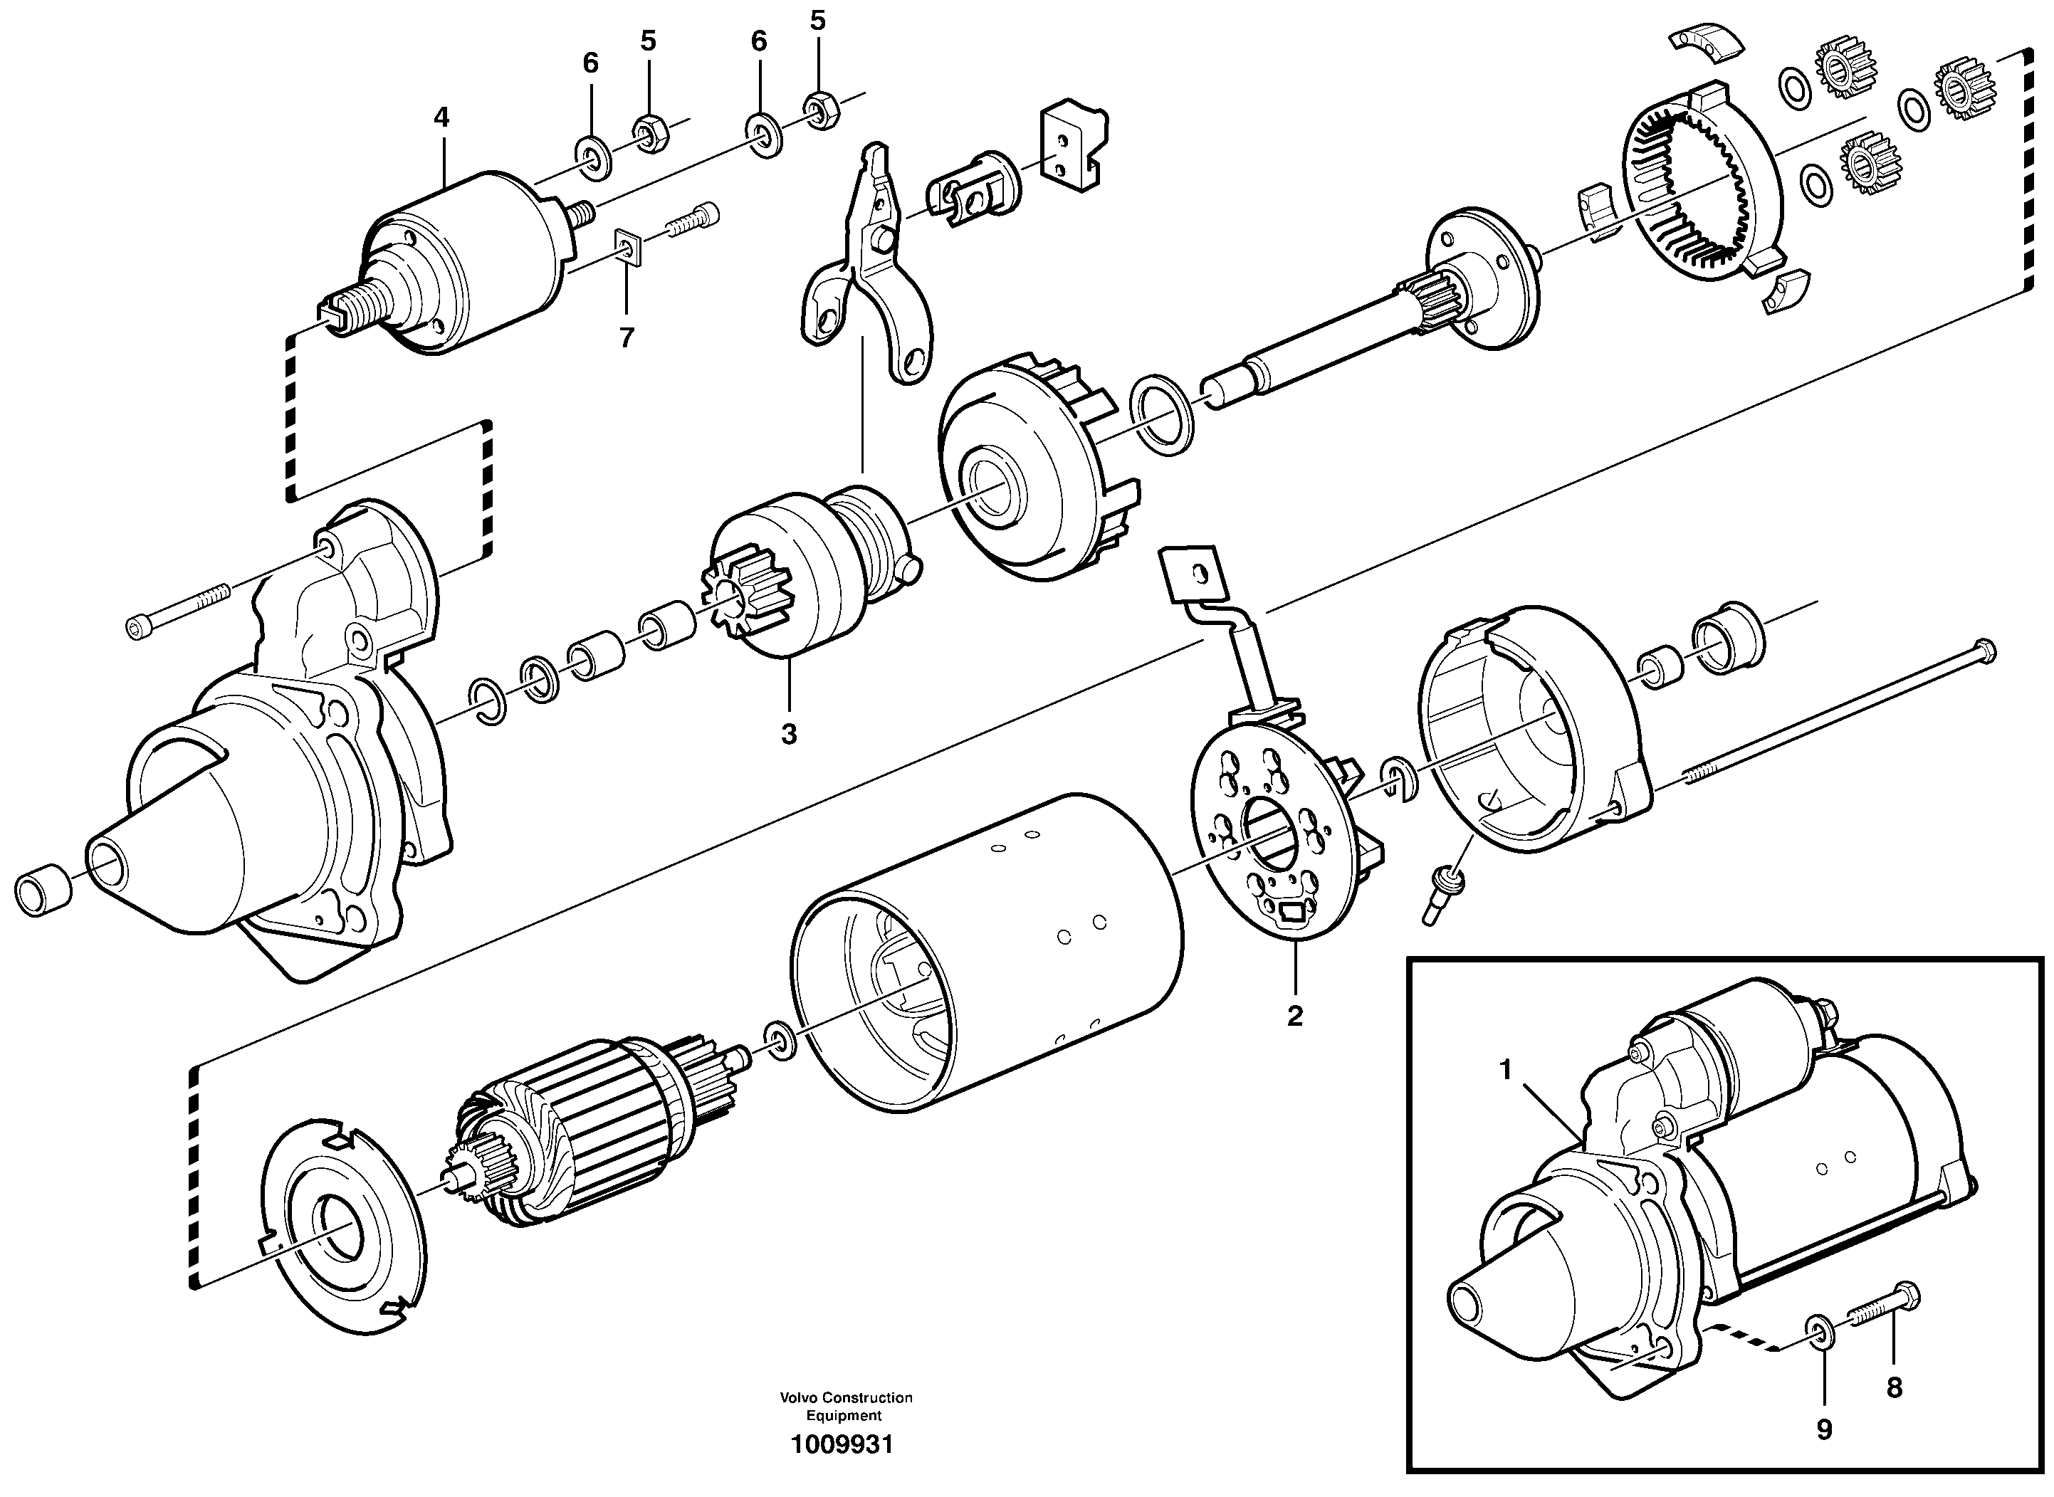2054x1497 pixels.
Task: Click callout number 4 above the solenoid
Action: (x=441, y=117)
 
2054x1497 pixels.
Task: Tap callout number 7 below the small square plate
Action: (x=627, y=338)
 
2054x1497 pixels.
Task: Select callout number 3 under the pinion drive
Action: (x=789, y=734)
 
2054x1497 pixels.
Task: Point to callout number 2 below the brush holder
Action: (x=1294, y=1016)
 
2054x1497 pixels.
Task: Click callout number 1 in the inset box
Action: (x=1506, y=1070)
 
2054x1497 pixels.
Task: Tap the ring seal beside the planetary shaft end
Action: (x=1164, y=413)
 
